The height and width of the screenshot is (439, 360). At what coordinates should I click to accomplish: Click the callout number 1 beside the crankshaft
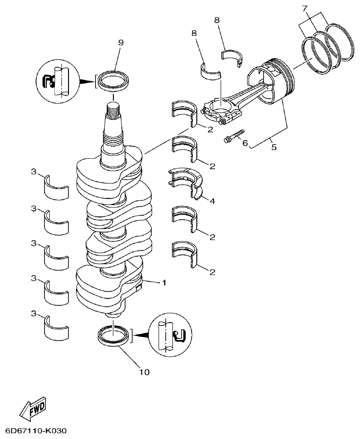point(164,283)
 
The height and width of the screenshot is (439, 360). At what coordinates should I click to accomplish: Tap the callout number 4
point(212,201)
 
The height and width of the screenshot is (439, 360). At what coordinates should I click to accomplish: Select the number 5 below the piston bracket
point(274,147)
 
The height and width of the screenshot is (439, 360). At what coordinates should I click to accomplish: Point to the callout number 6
point(245,142)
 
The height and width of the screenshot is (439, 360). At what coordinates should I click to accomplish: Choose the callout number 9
point(120,43)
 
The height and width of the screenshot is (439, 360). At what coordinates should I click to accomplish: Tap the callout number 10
point(144,372)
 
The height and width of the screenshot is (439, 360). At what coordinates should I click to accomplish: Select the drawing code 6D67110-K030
point(36,431)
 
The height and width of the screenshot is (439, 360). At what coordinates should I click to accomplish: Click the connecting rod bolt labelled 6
point(233,135)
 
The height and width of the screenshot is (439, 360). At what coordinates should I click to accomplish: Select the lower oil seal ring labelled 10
point(113,336)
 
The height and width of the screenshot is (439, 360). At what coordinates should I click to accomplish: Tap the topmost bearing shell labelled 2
point(184,113)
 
